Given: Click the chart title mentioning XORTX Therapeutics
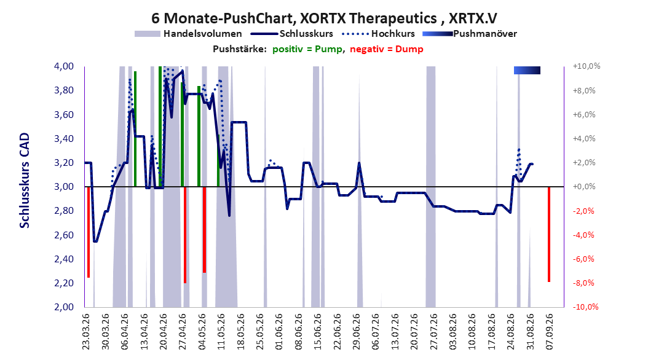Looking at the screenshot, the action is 324,18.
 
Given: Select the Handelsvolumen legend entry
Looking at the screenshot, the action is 189,34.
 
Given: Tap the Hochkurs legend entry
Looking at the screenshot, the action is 378,34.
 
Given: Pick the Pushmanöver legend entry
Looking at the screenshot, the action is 470,34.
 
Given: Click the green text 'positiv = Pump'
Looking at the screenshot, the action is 307,49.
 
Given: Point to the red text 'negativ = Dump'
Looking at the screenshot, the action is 387,49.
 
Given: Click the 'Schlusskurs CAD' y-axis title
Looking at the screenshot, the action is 25,180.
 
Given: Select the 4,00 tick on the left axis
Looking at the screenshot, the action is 64,66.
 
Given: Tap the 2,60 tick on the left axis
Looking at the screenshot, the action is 64,235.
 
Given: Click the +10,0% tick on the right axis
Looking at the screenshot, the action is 587,66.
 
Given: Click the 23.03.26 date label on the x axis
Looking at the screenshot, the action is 86,332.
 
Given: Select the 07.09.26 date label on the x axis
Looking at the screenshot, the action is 550,332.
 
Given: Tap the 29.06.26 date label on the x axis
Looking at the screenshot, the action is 356,332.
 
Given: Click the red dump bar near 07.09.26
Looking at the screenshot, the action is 549,234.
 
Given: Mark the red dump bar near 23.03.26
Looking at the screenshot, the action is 89,232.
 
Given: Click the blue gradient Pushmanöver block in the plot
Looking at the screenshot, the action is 527,70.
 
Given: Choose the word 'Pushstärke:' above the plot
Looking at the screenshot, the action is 240,49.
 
